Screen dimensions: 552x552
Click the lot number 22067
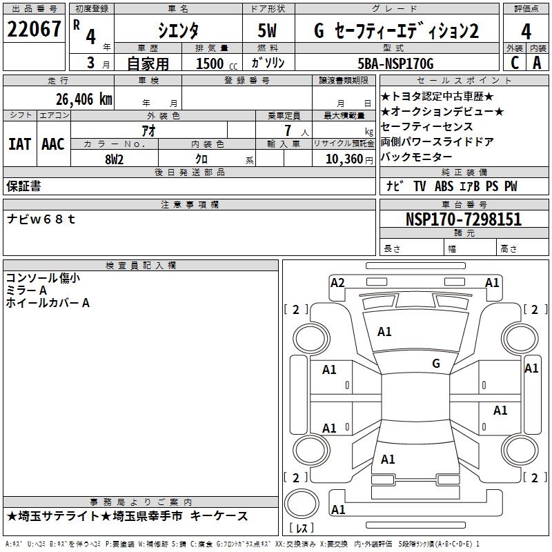(x=34, y=29)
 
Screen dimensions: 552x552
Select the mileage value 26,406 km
(x=84, y=99)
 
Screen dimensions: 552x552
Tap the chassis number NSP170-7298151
(x=464, y=219)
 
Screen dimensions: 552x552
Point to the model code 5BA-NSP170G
(x=395, y=63)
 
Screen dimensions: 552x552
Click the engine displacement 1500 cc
(x=217, y=63)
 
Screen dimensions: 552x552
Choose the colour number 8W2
(x=114, y=159)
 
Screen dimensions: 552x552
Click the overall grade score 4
(x=526, y=31)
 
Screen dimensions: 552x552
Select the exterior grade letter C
(x=515, y=63)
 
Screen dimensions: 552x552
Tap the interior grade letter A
(x=537, y=63)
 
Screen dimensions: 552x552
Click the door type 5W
(x=267, y=30)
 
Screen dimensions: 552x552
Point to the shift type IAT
(x=19, y=144)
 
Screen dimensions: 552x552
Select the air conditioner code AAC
(x=53, y=144)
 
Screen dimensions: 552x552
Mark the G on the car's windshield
(x=436, y=363)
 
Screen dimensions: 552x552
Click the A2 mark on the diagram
(x=337, y=283)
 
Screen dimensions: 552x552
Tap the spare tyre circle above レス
(x=302, y=504)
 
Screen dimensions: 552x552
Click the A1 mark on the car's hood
(x=384, y=332)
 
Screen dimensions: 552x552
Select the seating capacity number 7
(x=288, y=130)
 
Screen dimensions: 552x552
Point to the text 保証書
(x=23, y=186)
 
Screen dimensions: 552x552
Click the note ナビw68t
(x=41, y=219)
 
